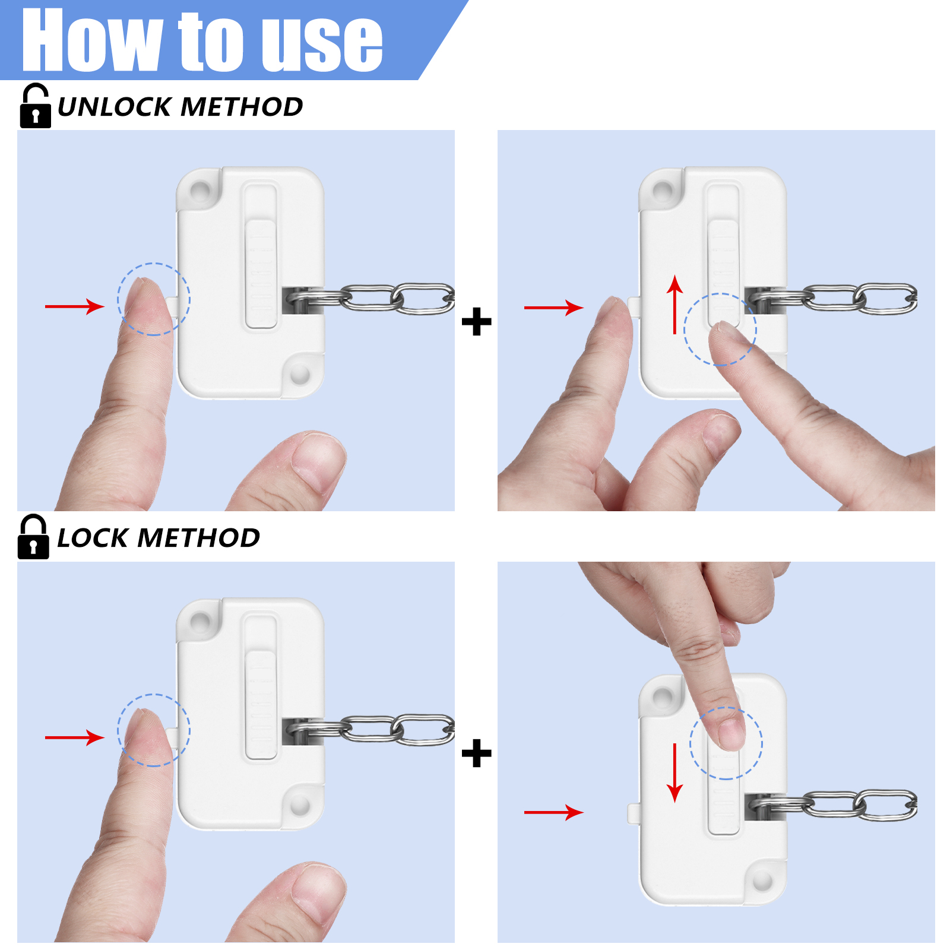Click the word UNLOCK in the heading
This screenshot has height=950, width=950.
tap(115, 107)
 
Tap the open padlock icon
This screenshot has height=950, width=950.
tap(35, 106)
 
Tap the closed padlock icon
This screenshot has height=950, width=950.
tap(33, 537)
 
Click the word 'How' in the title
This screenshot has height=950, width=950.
tap(93, 40)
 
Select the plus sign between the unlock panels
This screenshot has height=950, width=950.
tap(477, 322)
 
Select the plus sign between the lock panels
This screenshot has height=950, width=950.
tap(477, 753)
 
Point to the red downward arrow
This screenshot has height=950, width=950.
tap(674, 772)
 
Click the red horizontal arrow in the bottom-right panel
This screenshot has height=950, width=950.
tap(554, 812)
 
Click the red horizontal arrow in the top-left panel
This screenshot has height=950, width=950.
tap(75, 306)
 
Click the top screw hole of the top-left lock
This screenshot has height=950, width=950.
tap(200, 191)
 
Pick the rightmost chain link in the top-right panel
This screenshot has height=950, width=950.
tap(886, 299)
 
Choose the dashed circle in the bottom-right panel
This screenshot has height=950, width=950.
tap(726, 743)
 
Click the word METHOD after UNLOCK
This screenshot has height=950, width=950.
tap(242, 107)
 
